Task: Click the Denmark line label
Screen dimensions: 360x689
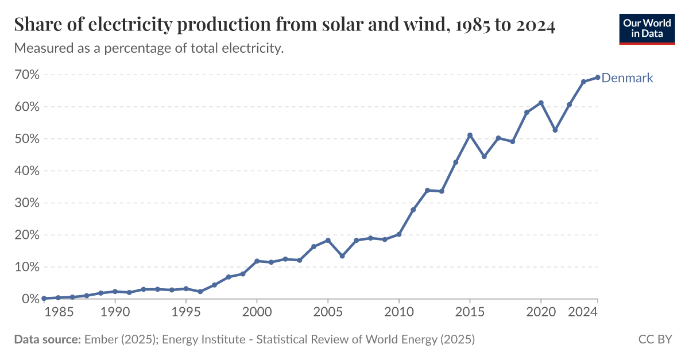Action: (627, 78)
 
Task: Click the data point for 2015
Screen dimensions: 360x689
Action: (470, 135)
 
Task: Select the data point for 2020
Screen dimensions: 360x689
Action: (541, 103)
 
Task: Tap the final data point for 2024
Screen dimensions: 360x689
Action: (598, 78)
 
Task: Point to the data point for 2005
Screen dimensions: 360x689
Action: (328, 240)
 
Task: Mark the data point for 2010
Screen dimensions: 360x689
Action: (399, 234)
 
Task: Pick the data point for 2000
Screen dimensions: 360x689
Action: (257, 261)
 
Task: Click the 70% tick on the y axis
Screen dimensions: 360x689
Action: (27, 75)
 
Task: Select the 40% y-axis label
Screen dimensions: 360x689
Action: (27, 171)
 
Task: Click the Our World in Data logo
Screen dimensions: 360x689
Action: (647, 28)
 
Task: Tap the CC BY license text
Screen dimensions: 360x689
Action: (655, 339)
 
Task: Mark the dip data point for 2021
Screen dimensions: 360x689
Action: (555, 130)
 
